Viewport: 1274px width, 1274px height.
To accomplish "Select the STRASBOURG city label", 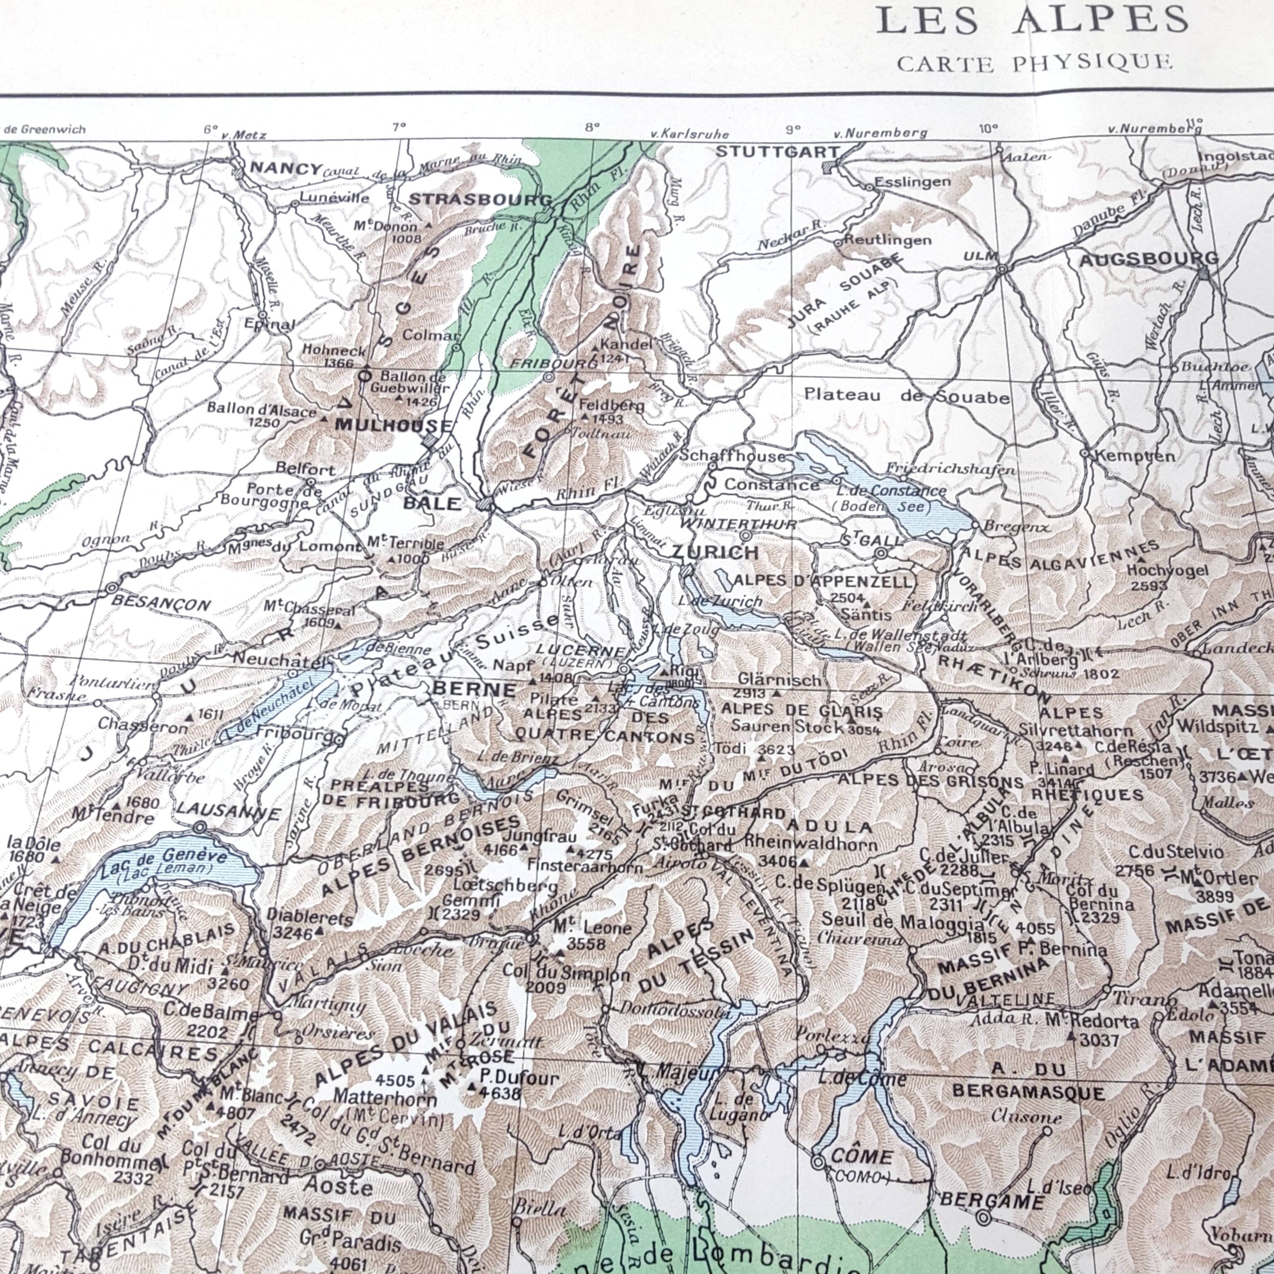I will pos(481,199).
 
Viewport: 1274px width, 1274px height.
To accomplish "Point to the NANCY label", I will pos(285,168).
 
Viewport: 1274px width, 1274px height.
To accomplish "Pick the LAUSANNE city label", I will pos(228,811).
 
